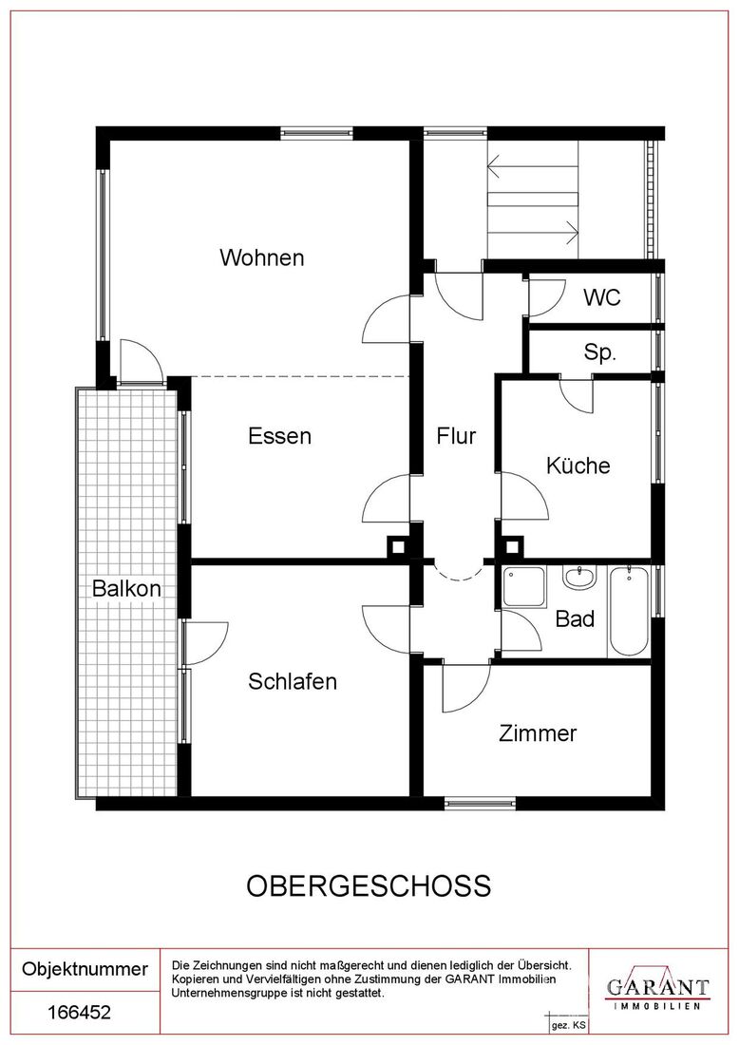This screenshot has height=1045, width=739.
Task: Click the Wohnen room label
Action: coord(262,257)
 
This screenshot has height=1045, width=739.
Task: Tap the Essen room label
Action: coord(280,436)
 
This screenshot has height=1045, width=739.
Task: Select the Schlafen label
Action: coord(293,681)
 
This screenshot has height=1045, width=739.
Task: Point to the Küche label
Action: coord(578,465)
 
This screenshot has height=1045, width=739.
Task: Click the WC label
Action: coord(602,297)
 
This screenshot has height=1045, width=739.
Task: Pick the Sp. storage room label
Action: coord(599,351)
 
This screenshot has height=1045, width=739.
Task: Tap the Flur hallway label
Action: coord(457,436)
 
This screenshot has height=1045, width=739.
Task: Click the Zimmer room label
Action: coord(538,733)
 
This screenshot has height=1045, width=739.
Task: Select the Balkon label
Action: coord(126,588)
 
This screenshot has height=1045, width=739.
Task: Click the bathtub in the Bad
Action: coord(629,611)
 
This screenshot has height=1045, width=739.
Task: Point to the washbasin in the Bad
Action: coord(579,578)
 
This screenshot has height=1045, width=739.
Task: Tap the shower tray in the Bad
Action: coord(524,586)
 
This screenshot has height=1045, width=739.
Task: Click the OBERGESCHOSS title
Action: coord(369,885)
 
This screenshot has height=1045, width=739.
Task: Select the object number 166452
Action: coord(79,1013)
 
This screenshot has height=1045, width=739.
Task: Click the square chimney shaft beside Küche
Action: coord(511,548)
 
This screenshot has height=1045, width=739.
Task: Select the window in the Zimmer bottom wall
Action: coord(480,803)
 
